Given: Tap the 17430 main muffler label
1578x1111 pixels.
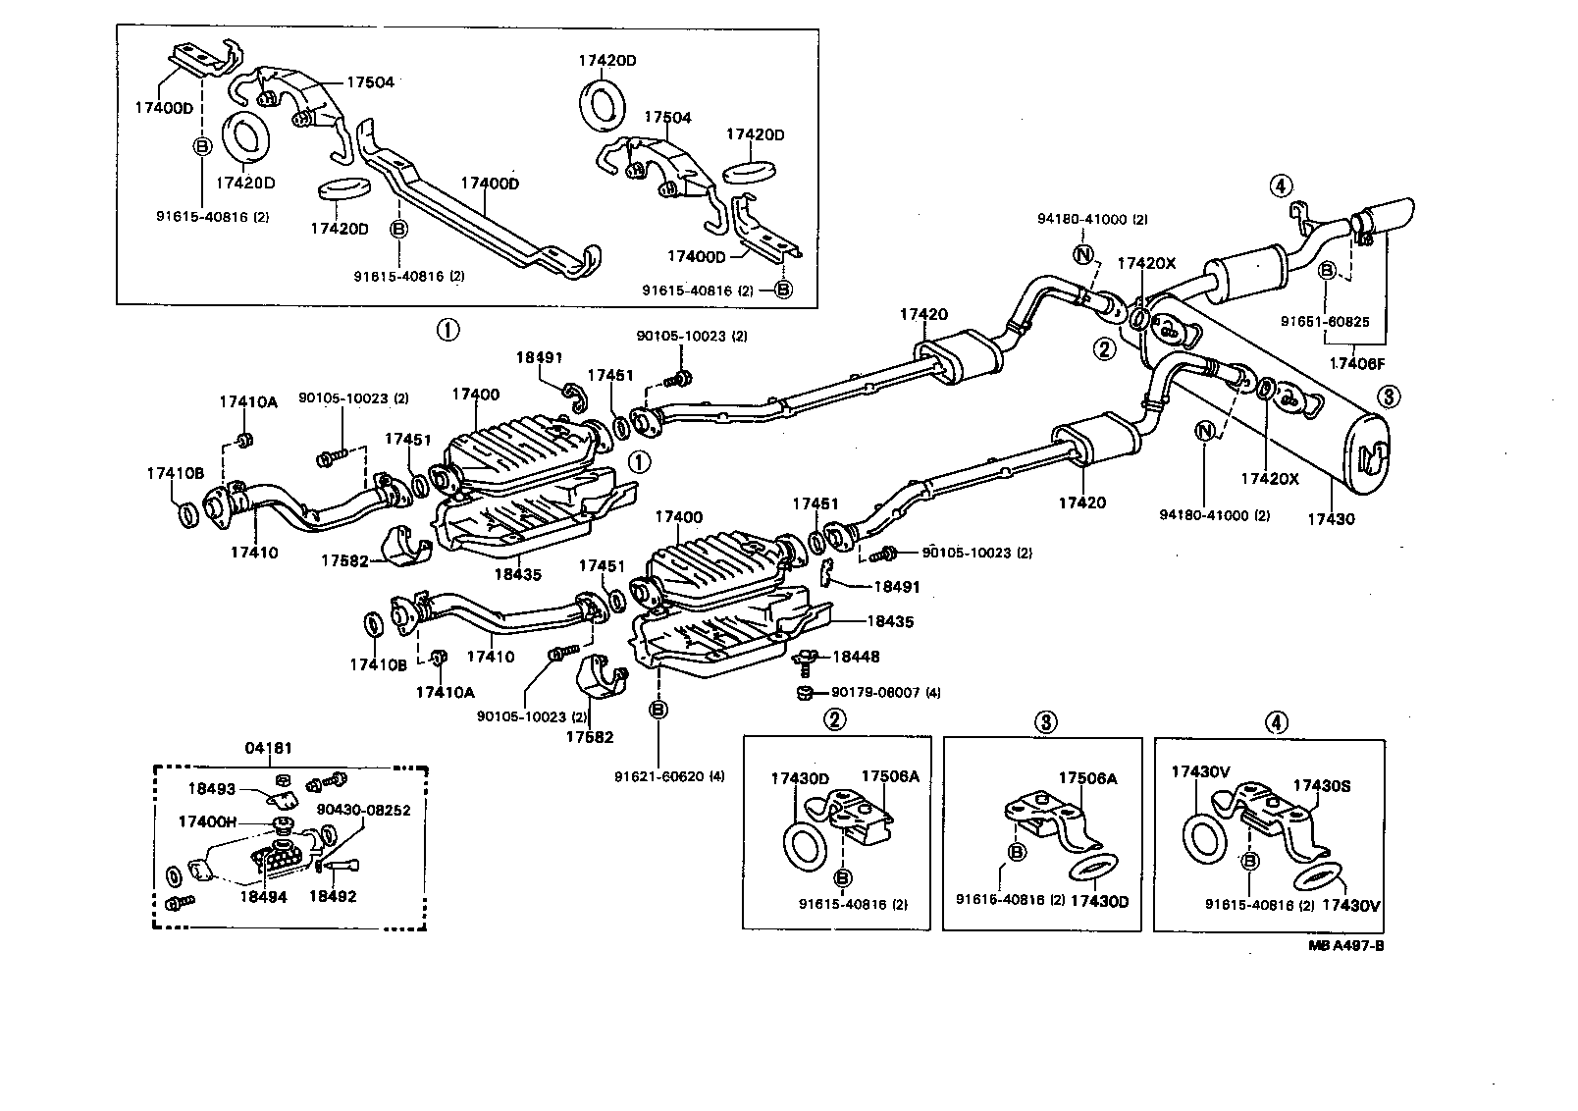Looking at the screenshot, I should [1329, 518].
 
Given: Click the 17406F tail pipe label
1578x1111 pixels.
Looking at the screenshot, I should [1357, 363].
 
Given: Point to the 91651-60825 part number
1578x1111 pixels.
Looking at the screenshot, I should [1325, 320].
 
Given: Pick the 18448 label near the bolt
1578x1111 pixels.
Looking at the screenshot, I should [856, 657].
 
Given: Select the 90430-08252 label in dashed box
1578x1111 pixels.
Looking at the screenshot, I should [363, 810].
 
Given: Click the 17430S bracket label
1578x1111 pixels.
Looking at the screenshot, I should [1321, 785].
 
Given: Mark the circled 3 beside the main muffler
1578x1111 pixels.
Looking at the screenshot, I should [1389, 397].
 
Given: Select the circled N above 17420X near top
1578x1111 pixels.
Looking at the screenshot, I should [1083, 255].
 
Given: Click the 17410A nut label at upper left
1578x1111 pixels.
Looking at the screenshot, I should [247, 401].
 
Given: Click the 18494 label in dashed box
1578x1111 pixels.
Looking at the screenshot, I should [263, 896].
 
